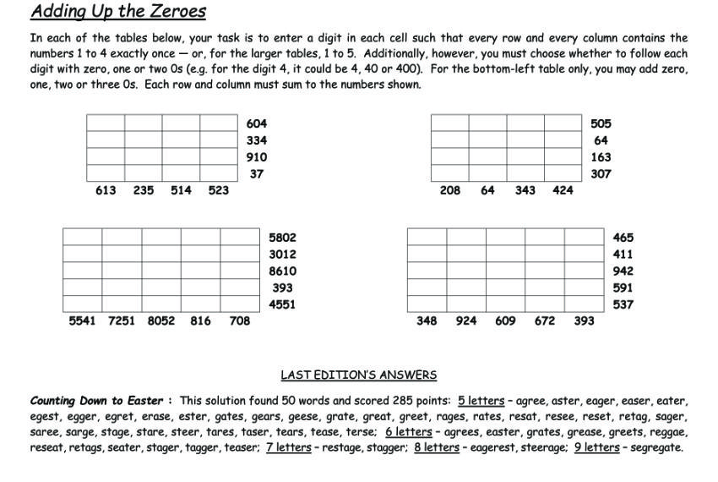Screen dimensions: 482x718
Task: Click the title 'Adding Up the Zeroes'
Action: point(118,12)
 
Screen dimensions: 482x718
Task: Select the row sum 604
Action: point(257,123)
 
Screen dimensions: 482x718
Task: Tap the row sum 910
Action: point(257,157)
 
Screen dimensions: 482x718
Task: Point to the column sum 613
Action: point(106,190)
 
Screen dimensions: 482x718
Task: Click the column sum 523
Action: point(218,190)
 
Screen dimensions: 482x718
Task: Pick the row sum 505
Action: point(601,123)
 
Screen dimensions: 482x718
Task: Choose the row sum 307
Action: point(601,174)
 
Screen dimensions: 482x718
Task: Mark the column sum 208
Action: point(450,190)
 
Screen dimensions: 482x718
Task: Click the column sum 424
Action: point(563,190)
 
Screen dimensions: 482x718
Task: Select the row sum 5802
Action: point(282,238)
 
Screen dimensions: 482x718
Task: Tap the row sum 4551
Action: point(282,304)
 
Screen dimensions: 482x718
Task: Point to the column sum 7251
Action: point(121,320)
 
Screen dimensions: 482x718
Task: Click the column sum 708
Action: point(240,320)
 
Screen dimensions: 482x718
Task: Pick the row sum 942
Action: point(623,271)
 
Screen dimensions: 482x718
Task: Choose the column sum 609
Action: point(505,320)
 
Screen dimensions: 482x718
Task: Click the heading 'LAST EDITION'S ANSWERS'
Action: point(358,375)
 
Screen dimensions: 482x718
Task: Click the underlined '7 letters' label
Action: point(288,447)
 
